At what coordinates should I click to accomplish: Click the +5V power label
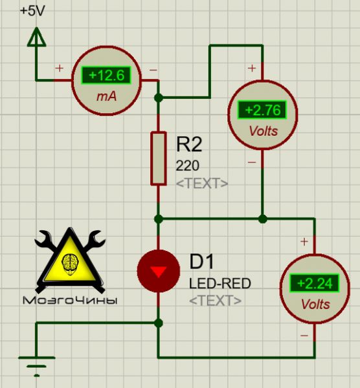pyautogui.click(x=32, y=11)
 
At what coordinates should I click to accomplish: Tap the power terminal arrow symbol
pyautogui.click(x=36, y=37)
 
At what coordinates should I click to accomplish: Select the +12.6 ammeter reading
pyautogui.click(x=106, y=75)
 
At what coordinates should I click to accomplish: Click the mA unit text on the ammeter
pyautogui.click(x=106, y=96)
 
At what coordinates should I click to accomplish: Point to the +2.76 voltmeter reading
pyautogui.click(x=262, y=110)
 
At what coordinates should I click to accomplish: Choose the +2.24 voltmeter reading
pyautogui.click(x=315, y=283)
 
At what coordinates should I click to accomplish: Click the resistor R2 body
pyautogui.click(x=159, y=158)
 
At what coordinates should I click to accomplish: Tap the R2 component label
pyautogui.click(x=189, y=144)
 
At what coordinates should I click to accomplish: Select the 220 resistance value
pyautogui.click(x=187, y=166)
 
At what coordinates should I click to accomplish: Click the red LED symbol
pyautogui.click(x=159, y=271)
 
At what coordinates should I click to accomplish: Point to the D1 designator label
pyautogui.click(x=201, y=261)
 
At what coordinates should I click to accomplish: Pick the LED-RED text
pyautogui.click(x=220, y=284)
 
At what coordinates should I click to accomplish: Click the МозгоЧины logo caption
pyautogui.click(x=70, y=301)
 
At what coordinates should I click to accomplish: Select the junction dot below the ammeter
pyautogui.click(x=159, y=98)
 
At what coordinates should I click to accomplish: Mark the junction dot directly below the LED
pyautogui.click(x=159, y=323)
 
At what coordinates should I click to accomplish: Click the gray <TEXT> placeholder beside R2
pyautogui.click(x=202, y=184)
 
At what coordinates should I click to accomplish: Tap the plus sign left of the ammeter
pyautogui.click(x=59, y=68)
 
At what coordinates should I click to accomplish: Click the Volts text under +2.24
pyautogui.click(x=315, y=304)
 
